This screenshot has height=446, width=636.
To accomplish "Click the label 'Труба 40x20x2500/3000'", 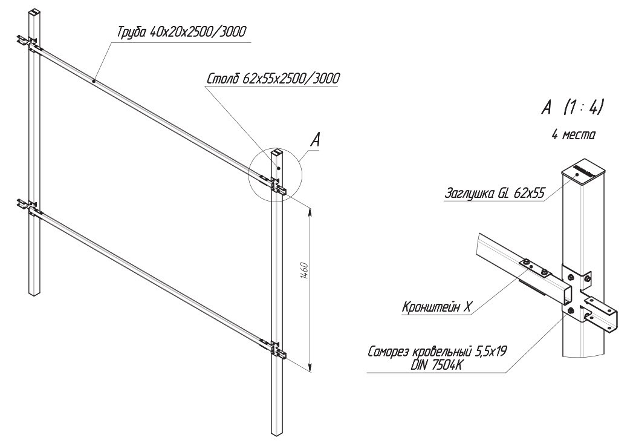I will pos(181,32).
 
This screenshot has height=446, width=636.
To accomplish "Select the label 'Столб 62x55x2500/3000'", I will pos(273,79).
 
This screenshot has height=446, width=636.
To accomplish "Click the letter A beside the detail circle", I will pos(315,141).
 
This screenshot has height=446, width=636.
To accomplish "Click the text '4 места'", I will pos(573,135).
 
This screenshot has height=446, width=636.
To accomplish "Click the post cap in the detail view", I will pos(583,172).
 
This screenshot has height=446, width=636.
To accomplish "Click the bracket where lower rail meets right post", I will pos(277,350).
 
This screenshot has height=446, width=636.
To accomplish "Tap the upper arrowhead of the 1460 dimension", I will pos(310,209).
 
